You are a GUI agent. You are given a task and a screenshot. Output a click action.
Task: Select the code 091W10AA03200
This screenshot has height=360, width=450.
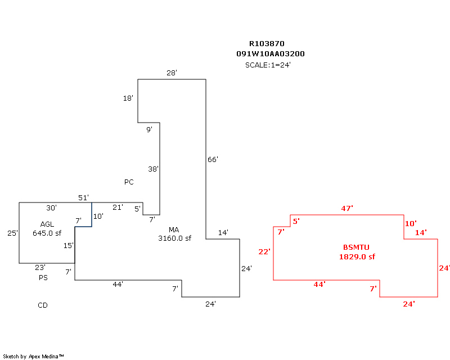click(271, 54)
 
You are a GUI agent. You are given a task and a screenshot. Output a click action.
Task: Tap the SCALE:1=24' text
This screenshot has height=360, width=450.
click(268, 65)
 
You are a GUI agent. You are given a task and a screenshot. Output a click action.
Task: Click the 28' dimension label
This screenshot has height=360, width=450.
click(172, 73)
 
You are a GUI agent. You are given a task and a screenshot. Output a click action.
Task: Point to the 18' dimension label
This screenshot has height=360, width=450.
click(128, 98)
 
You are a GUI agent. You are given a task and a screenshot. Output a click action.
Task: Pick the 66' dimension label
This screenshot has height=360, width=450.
click(213, 160)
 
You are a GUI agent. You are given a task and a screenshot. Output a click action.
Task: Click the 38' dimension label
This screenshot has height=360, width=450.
click(153, 169)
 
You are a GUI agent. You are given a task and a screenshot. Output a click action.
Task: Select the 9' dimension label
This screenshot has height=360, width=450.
click(149, 130)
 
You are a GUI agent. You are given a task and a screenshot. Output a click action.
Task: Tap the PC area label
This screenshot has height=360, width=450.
click(129, 182)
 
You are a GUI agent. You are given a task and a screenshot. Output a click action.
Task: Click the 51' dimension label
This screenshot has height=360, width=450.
click(83, 197)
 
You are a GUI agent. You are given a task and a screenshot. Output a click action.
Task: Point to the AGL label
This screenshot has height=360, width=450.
click(47, 224)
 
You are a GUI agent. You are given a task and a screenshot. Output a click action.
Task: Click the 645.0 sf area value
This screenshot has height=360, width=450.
click(47, 233)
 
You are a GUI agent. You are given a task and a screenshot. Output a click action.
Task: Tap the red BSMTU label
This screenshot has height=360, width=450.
click(357, 247)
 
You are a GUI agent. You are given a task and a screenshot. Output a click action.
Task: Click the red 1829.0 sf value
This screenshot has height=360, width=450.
click(357, 257)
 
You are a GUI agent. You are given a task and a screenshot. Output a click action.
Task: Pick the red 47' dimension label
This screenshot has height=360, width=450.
click(347, 209)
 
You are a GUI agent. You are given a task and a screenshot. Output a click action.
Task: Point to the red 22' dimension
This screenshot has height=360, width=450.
click(264, 251)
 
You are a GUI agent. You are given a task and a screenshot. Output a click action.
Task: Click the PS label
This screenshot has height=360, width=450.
click(43, 278)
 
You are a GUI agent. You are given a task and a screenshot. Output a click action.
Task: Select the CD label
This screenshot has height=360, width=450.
click(43, 305)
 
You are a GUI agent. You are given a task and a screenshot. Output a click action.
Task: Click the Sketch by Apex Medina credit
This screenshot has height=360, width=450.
click(34, 357)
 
